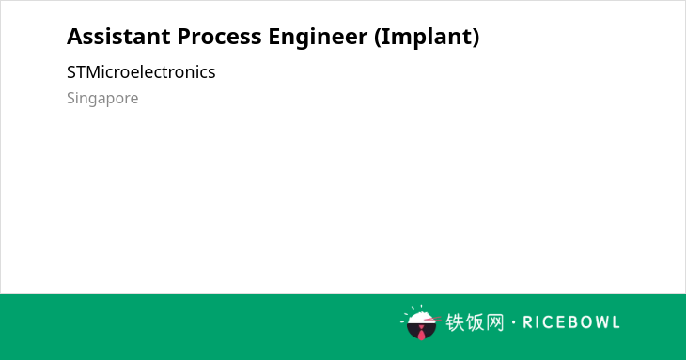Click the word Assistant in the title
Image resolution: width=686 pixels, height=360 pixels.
(x=118, y=37)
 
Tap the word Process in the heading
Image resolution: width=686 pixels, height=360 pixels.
(x=219, y=37)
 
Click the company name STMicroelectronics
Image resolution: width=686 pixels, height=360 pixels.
(x=141, y=72)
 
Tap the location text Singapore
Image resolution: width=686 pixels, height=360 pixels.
(x=102, y=99)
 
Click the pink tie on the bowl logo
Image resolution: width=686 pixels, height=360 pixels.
(x=421, y=334)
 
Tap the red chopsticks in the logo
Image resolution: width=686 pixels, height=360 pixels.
(x=432, y=320)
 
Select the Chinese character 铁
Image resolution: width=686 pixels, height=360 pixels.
(x=455, y=322)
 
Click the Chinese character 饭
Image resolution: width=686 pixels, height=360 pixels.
(x=475, y=322)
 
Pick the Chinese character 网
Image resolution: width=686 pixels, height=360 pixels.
(x=494, y=322)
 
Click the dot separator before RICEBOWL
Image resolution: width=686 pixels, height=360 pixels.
(x=513, y=322)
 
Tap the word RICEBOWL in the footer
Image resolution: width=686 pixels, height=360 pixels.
(x=571, y=322)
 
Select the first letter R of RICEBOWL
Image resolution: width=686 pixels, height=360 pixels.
(x=527, y=322)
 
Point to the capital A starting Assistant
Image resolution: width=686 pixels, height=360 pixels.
(x=74, y=37)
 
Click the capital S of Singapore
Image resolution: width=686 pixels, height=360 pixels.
(x=70, y=98)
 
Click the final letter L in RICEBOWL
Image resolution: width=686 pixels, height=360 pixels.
(x=616, y=322)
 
